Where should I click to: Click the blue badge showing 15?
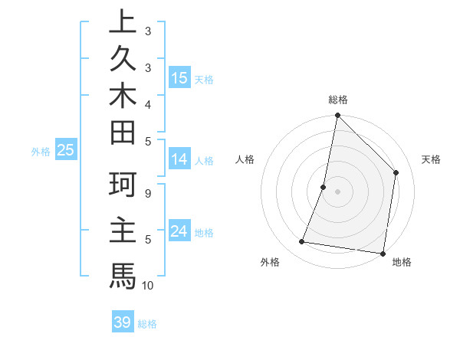point(179,77)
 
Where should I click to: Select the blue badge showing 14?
point(179,159)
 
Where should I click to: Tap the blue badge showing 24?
point(179,231)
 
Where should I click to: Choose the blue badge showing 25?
point(66,151)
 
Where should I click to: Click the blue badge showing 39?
point(123,322)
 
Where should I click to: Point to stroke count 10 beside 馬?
point(148,286)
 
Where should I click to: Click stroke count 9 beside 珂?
point(148,193)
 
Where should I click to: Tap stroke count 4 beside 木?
point(148,103)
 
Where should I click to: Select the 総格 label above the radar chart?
point(338,100)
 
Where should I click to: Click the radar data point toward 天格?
point(396,172)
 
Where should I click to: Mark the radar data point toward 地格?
point(383,254)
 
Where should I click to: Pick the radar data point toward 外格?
point(302,242)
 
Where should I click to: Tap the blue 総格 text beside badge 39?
point(148,324)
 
